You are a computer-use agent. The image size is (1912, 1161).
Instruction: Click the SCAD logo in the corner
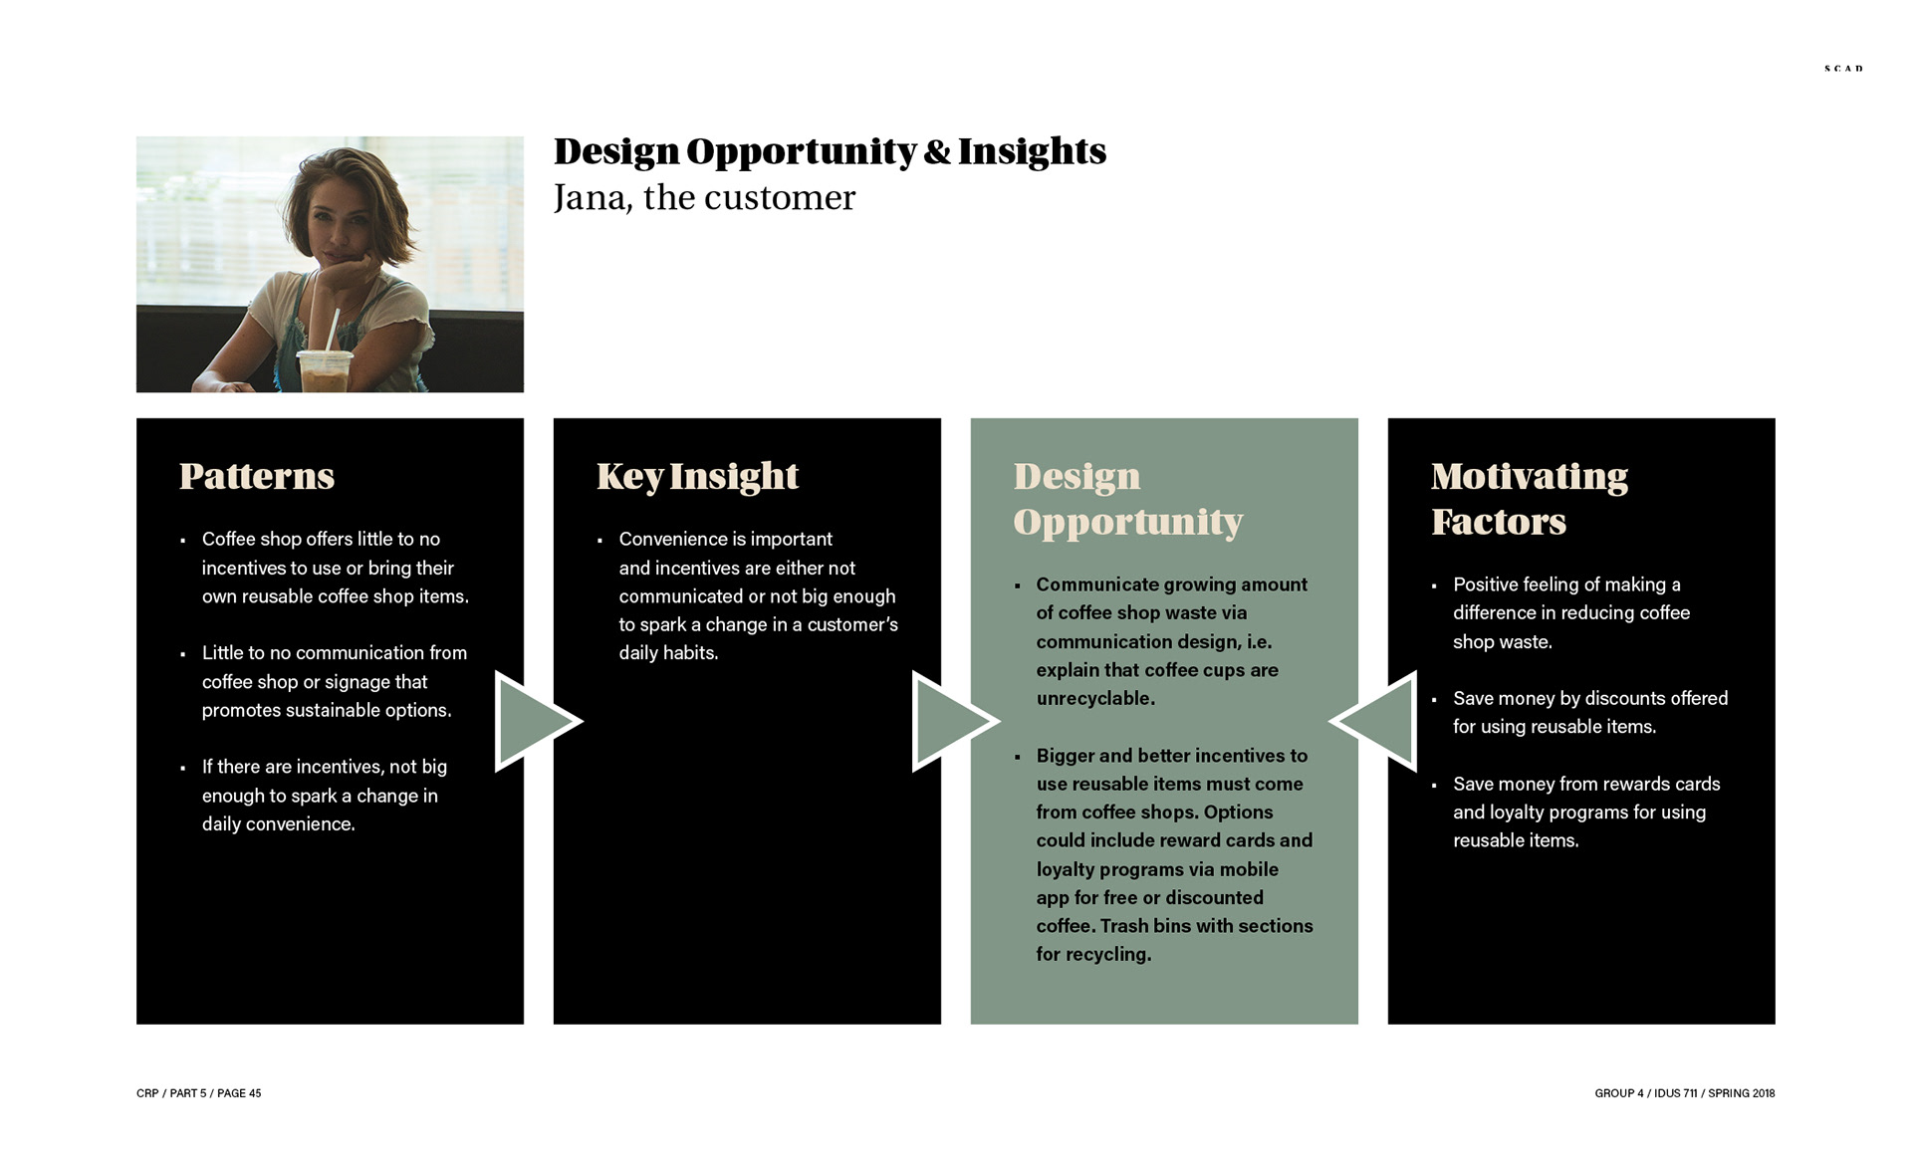pos(1843,69)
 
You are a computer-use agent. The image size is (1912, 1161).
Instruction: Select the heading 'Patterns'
pos(257,476)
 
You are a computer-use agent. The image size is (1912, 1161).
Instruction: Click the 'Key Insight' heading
pos(697,477)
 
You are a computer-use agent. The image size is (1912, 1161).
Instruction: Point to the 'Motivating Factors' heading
pos(1530,499)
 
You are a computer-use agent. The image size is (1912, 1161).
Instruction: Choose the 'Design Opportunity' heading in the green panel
pos(1128,499)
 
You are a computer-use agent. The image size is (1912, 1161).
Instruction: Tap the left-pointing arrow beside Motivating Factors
pos(1374,721)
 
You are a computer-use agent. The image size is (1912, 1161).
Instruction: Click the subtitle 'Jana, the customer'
pos(704,198)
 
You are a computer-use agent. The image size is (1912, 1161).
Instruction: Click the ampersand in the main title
pos(936,151)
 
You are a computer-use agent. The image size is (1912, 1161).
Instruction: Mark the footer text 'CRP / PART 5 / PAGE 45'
pos(199,1093)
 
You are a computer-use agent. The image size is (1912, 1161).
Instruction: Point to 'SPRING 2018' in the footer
pos(1742,1093)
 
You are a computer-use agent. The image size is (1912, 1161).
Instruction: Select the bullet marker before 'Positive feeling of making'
pos(1434,586)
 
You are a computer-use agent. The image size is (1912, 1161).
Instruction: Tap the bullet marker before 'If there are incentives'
pos(183,769)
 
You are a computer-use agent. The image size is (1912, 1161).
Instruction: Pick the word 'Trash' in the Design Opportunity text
pos(1124,926)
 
